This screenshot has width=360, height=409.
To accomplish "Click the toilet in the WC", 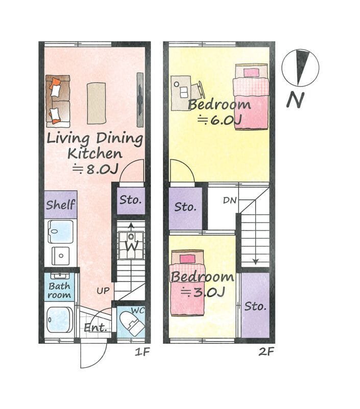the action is (x=132, y=324).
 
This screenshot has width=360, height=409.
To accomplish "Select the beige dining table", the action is (x=97, y=103).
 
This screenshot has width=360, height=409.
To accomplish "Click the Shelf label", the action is (x=61, y=204).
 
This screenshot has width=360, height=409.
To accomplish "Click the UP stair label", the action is (x=103, y=290).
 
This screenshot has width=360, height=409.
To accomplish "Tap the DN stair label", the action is (x=230, y=200).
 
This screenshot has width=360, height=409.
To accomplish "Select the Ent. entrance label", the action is (x=95, y=328).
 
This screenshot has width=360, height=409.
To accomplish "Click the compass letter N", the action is (x=295, y=100).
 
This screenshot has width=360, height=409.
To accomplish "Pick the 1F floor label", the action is (x=142, y=352).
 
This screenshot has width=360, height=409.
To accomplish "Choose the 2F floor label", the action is (x=266, y=352).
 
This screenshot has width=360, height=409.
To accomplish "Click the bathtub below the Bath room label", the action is (x=60, y=320).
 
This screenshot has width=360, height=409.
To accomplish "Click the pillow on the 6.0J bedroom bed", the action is (x=251, y=72).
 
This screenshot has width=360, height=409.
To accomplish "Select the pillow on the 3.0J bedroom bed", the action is (x=187, y=259).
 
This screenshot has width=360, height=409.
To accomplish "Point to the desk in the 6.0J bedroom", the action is (x=181, y=93).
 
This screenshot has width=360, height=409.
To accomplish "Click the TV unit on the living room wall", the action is (x=140, y=100).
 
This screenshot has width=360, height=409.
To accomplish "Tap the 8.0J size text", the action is (x=95, y=169).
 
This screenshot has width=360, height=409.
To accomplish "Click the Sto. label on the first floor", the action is (x=131, y=200).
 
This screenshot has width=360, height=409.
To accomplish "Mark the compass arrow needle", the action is (x=302, y=67).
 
